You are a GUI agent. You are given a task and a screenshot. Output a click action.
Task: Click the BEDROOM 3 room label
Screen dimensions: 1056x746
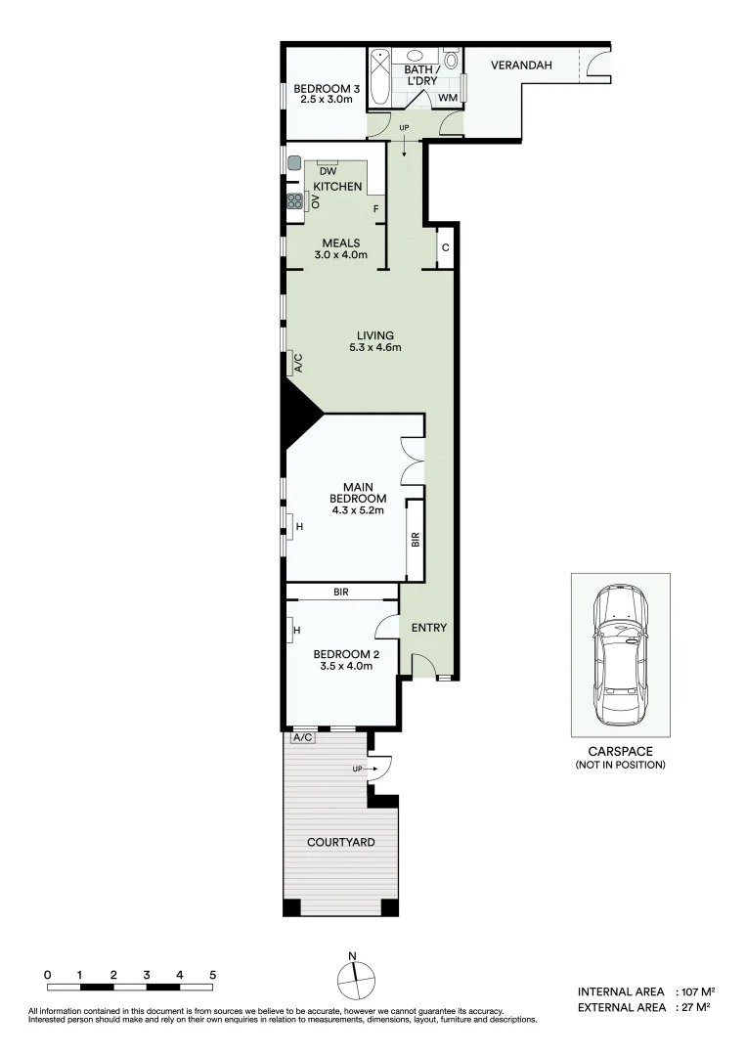328,91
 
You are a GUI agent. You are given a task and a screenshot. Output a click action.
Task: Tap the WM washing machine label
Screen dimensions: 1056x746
448,98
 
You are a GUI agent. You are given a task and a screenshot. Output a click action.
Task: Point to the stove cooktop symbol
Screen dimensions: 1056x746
294,202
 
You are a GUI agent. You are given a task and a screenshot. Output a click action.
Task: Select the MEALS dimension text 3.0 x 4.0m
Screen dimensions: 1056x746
340,255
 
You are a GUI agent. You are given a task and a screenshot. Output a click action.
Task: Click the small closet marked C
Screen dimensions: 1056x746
445,247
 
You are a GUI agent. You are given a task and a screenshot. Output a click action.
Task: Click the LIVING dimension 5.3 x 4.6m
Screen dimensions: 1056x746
375,348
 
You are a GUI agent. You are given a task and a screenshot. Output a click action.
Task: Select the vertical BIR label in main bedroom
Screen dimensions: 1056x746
415,539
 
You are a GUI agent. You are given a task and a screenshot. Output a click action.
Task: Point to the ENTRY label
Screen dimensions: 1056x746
428,628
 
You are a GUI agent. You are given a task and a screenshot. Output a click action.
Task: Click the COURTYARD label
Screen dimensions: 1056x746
340,842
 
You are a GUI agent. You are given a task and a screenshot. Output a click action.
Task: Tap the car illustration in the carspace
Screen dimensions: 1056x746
620,654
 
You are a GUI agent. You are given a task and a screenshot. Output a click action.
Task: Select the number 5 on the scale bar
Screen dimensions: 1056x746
212,975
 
